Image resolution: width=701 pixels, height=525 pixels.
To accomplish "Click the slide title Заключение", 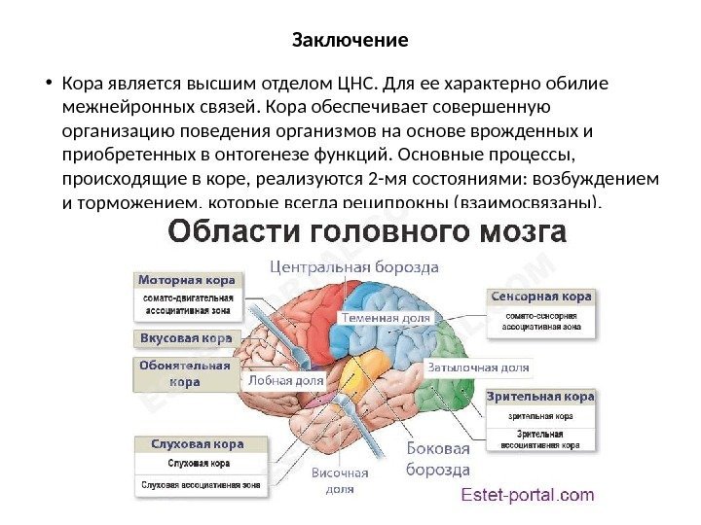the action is point(350,42).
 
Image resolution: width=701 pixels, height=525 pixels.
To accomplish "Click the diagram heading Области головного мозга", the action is point(368,233).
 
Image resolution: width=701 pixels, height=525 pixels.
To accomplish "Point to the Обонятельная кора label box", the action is point(185,374).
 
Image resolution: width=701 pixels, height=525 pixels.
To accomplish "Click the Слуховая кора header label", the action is point(202,444).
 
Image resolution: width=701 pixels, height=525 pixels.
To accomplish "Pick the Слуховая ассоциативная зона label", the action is point(202,483).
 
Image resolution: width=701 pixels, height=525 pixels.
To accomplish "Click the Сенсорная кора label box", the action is point(541,296).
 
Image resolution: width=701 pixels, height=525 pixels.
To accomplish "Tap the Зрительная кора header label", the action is point(541,397).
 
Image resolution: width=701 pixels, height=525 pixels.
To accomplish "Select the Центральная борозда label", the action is point(354,264).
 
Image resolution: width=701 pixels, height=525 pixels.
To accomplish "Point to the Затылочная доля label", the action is point(478,368).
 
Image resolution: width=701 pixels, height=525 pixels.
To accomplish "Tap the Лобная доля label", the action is point(286,380).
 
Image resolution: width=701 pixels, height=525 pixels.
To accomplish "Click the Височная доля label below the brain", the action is point(340,481).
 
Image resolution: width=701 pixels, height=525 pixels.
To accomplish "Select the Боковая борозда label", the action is point(437,459).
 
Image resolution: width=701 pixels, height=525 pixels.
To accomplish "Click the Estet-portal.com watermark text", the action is point(527,495).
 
